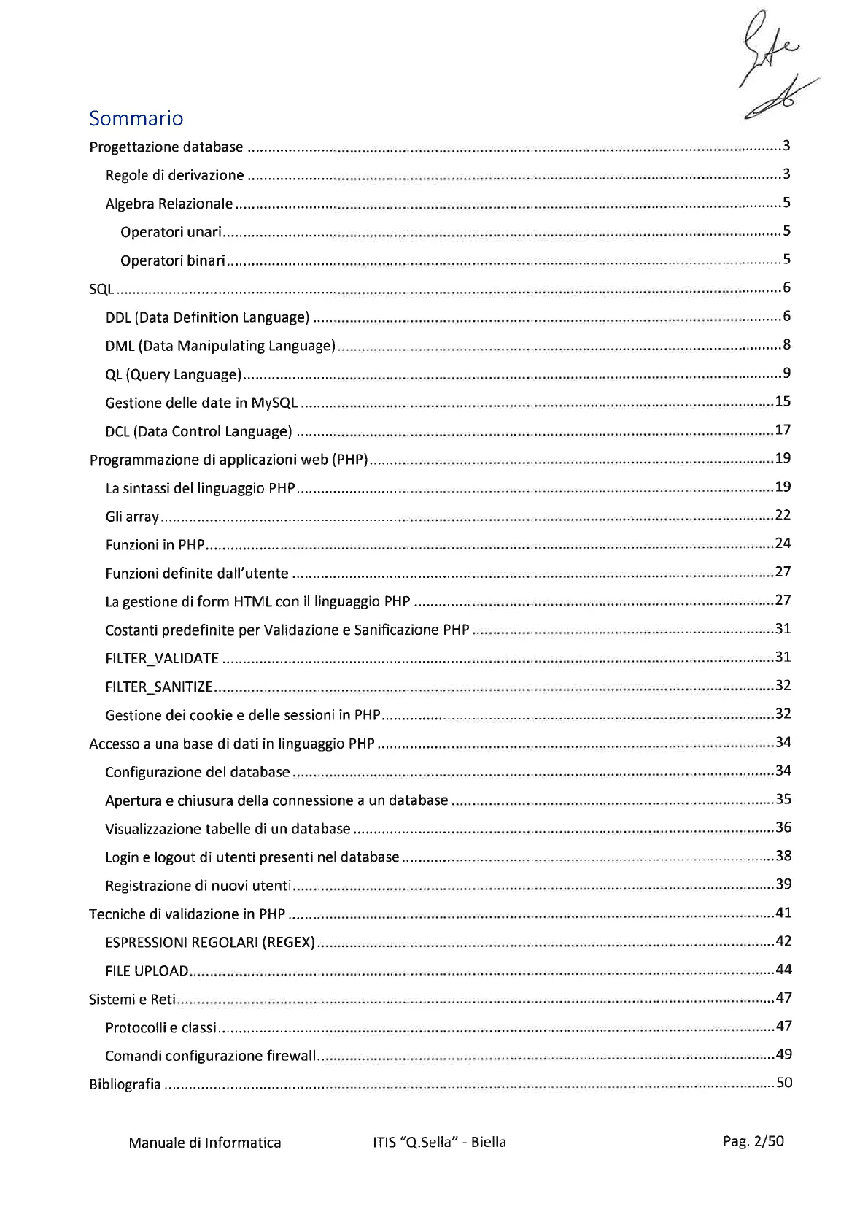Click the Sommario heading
136,118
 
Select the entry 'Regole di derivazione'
175,175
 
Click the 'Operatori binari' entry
173,260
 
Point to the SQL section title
101,289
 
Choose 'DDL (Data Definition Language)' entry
208,317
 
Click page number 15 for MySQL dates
783,401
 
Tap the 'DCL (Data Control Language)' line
199,431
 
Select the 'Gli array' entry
132,517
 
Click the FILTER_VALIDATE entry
162,658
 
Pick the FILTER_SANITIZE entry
159,687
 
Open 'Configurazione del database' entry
198,772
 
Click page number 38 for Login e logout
783,856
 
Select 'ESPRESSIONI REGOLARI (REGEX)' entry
210,942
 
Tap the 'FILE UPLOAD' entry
147,970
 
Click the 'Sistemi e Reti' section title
132,999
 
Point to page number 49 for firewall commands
783,1054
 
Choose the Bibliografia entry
125,1084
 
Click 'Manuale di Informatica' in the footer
205,1142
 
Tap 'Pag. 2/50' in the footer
753,1141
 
